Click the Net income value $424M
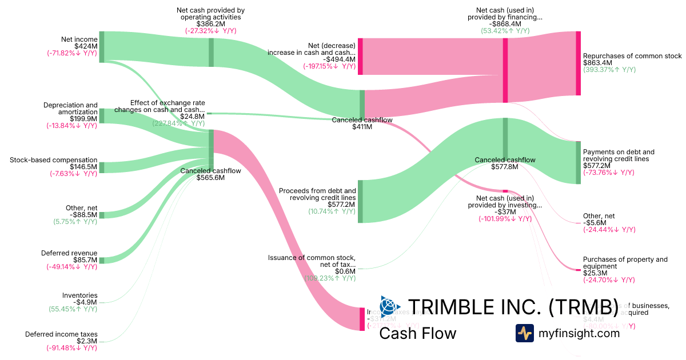click(x=86, y=46)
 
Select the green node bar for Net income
click(x=102, y=47)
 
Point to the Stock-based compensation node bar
click(x=102, y=167)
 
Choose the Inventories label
click(x=79, y=295)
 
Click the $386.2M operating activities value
click(x=211, y=24)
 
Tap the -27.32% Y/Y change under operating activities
click(x=211, y=31)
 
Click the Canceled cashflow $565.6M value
click(x=210, y=178)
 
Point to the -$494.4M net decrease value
click(x=339, y=59)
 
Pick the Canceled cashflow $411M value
click(x=362, y=127)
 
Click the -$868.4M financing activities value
click(x=505, y=24)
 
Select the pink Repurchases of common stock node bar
click(x=578, y=63)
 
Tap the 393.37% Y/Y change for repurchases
click(x=609, y=70)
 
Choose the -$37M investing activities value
click(x=505, y=211)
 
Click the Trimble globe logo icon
click(x=390, y=306)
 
